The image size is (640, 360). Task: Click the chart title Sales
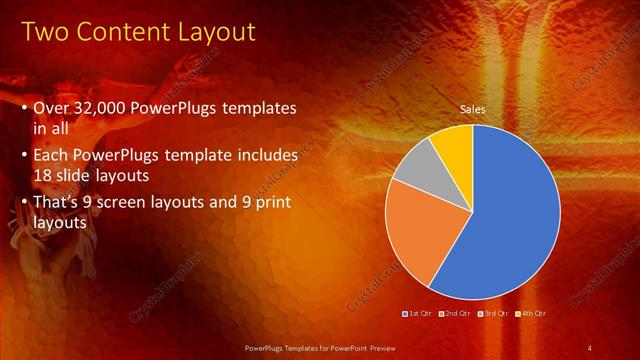coord(472,109)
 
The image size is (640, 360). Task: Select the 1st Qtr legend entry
coord(421,313)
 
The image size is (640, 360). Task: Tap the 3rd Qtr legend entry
coord(495,313)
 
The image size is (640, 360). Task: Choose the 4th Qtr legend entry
coord(532,313)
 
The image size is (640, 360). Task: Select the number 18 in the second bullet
coord(45,174)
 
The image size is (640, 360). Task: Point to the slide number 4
coord(590,347)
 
